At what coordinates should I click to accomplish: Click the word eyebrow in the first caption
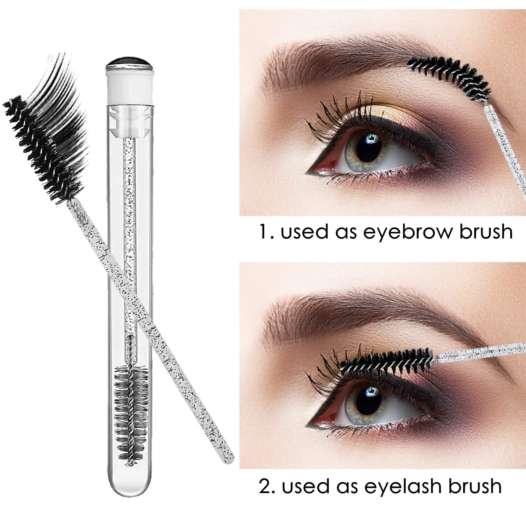(x=403, y=232)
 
